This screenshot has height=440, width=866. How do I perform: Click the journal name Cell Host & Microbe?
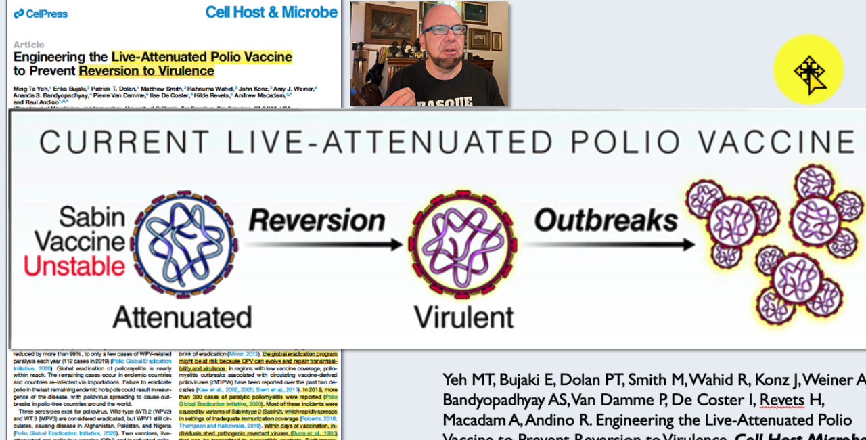click(x=271, y=12)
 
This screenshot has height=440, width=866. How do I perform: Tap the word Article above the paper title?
click(x=28, y=45)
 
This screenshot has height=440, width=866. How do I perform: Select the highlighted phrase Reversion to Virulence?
click(x=146, y=71)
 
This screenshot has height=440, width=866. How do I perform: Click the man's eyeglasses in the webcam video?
click(x=445, y=30)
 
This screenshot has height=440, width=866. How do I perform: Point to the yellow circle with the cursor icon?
click(x=808, y=70)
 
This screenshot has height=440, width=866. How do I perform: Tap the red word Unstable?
click(x=74, y=266)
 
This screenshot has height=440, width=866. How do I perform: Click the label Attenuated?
click(x=182, y=317)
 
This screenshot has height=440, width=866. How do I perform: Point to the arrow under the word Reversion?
click(x=325, y=244)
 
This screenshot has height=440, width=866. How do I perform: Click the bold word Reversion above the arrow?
click(x=317, y=221)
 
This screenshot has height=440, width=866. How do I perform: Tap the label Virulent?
click(x=463, y=317)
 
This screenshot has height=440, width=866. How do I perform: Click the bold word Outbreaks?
click(x=606, y=221)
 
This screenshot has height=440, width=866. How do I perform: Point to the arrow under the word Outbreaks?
click(x=609, y=244)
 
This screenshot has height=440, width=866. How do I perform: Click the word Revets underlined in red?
click(x=782, y=400)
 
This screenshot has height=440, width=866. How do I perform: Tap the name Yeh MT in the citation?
click(x=465, y=380)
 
